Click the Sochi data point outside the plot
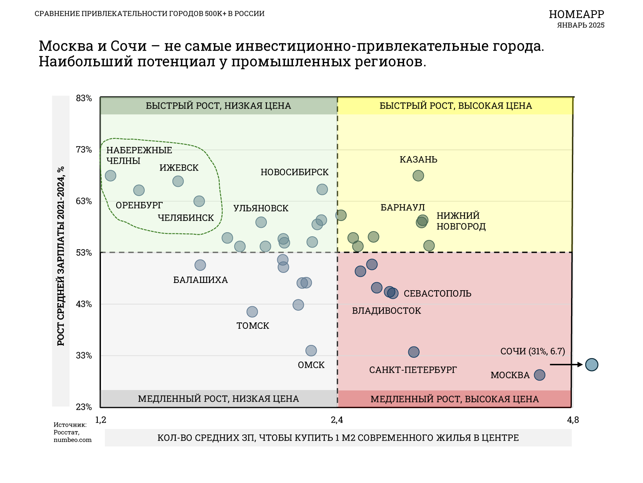tap(592, 365)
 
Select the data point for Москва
tap(539, 375)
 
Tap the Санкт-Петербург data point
tap(414, 352)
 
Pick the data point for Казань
tap(418, 176)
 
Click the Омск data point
tap(311, 351)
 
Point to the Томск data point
tap(252, 312)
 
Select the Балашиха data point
tap(200, 265)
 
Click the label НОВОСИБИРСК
tap(295, 172)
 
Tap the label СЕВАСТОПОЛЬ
tap(437, 293)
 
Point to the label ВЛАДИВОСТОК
tap(386, 311)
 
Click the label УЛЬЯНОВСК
tap(261, 208)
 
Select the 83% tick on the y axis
tap(84, 98)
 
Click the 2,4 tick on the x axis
tap(337, 420)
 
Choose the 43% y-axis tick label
tap(84, 304)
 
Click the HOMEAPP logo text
tap(576, 14)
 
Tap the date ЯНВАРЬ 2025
tap(581, 25)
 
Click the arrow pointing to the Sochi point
tap(566, 365)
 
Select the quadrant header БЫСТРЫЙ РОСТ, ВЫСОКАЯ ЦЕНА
tap(455, 106)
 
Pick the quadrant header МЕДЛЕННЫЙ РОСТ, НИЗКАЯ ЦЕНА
tap(218, 399)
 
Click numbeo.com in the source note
tap(73, 440)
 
